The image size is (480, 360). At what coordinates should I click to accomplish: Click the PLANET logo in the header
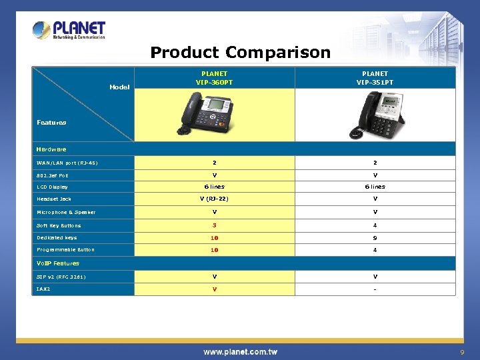point(69,30)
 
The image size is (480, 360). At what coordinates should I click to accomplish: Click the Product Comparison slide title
point(240,52)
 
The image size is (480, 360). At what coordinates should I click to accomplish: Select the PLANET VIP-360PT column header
point(214,78)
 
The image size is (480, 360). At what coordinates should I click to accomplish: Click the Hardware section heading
point(51,149)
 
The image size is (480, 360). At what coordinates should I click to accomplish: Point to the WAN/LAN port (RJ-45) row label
point(67,163)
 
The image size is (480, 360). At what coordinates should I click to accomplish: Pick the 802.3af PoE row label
point(53,175)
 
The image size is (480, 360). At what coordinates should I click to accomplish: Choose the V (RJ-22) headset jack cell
point(215,199)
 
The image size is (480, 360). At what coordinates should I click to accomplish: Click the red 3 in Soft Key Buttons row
point(215,225)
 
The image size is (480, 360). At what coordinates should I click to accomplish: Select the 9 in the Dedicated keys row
point(375,237)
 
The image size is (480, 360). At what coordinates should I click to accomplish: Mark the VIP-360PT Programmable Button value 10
point(215,250)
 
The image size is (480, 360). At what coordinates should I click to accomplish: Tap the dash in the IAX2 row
point(375,289)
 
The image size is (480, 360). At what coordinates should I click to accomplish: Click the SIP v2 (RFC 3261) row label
point(61,277)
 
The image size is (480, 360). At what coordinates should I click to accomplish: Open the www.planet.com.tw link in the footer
point(240,352)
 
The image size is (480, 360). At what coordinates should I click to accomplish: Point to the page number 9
point(461,352)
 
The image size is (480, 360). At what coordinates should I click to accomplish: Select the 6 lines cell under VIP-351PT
point(375,187)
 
